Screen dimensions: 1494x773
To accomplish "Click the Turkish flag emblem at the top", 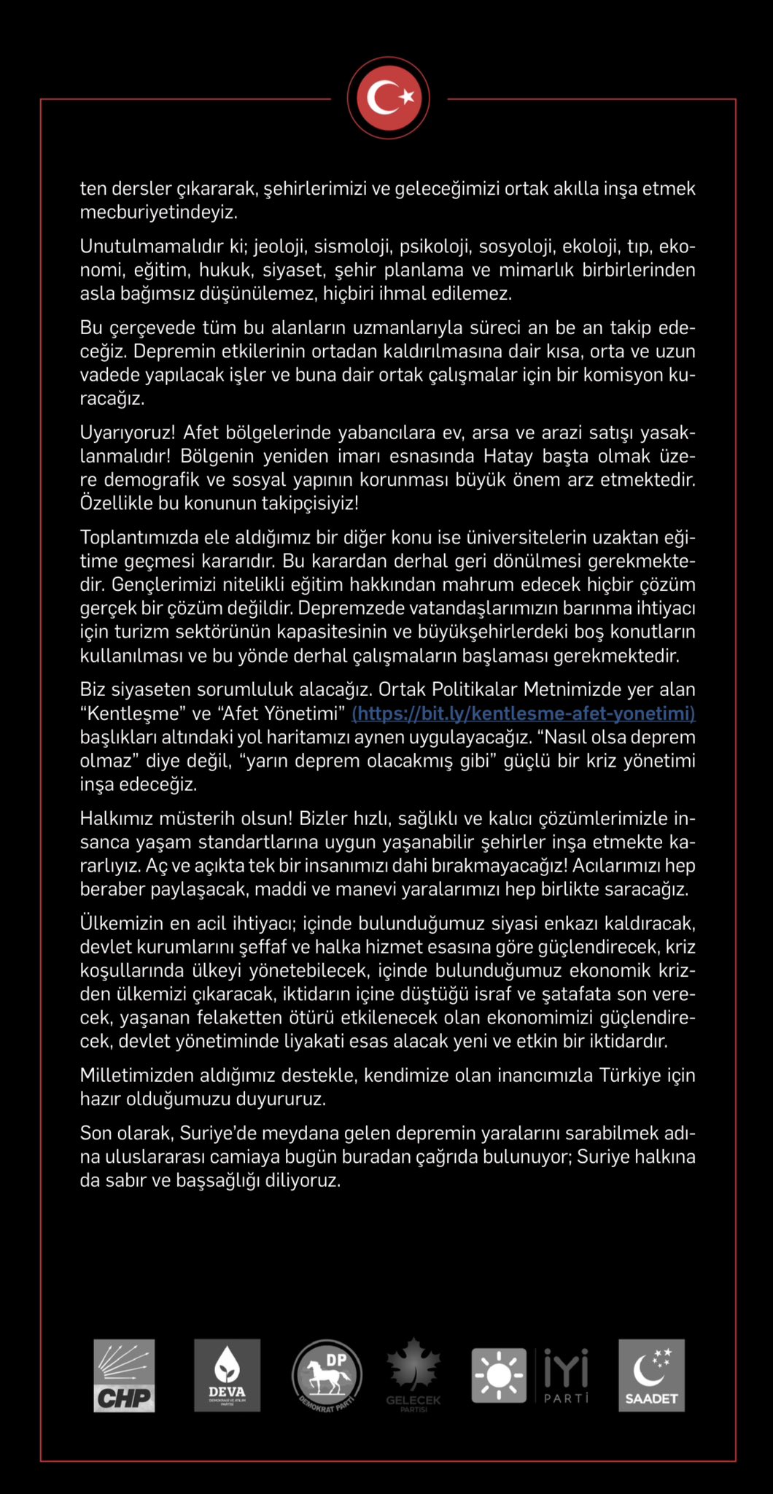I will coord(389,98).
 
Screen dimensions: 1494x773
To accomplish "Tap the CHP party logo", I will coord(124,1375).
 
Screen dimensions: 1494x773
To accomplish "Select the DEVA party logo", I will coord(227,1375).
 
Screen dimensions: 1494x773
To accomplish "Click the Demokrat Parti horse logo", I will coord(327,1376).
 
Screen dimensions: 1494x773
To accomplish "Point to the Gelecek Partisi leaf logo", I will coord(413,1374).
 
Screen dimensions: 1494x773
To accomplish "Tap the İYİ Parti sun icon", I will coord(499,1376).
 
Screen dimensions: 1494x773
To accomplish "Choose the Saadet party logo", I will coord(651,1375).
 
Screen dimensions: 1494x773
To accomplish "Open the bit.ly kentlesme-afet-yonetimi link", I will coord(523,713).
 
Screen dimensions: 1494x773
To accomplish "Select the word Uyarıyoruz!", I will coord(128,433).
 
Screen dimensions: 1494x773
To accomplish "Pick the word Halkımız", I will coord(118,818).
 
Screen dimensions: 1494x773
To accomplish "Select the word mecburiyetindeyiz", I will coord(159,212).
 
